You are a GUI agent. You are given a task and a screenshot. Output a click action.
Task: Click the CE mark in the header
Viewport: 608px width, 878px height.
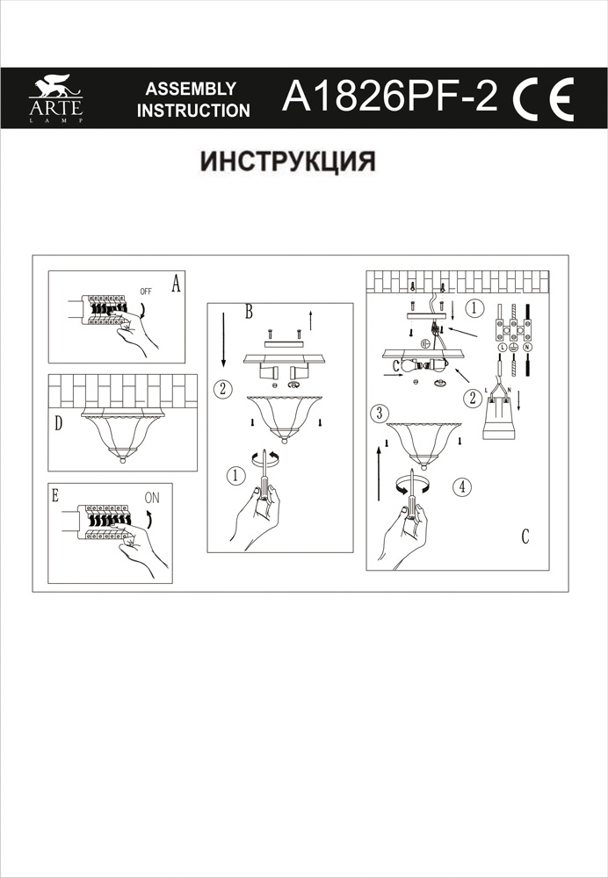pos(544,98)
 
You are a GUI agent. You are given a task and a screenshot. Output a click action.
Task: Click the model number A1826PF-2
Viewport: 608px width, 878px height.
pos(389,97)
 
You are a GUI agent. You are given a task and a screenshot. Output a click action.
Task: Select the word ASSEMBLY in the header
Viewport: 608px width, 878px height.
pos(191,89)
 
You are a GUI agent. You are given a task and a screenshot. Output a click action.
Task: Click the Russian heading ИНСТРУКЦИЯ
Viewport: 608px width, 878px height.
pos(288,162)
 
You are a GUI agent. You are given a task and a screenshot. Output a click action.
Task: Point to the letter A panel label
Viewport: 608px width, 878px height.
pos(175,284)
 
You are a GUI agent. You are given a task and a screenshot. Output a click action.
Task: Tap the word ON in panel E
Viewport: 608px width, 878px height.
pos(152,496)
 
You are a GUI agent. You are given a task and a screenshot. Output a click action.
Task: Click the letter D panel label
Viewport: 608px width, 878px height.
pos(58,424)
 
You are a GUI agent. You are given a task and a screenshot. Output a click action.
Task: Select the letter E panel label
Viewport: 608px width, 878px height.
pos(54,495)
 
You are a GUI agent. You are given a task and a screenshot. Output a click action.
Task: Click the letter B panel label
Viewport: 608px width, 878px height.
pos(249,312)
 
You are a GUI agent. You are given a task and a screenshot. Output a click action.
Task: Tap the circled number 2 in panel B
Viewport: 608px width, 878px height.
pos(223,388)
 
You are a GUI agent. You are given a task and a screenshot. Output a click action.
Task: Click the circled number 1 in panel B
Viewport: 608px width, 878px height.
pos(234,475)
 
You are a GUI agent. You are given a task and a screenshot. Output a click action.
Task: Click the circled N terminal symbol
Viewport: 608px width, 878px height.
pos(526,348)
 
